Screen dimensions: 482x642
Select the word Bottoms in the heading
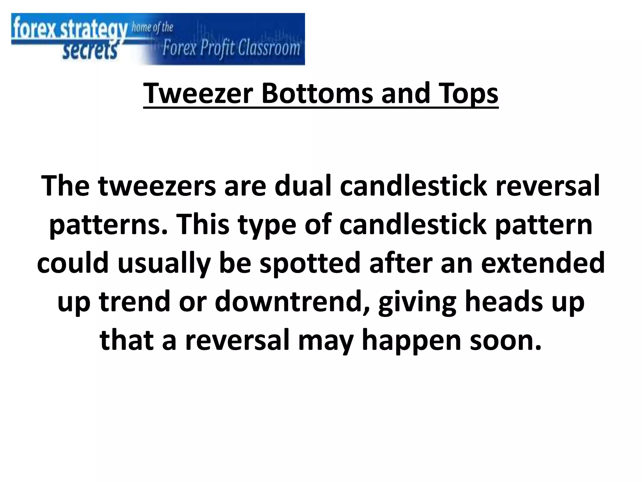coord(317,93)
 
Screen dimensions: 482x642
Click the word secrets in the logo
coord(90,51)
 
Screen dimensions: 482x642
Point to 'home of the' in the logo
coord(152,28)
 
